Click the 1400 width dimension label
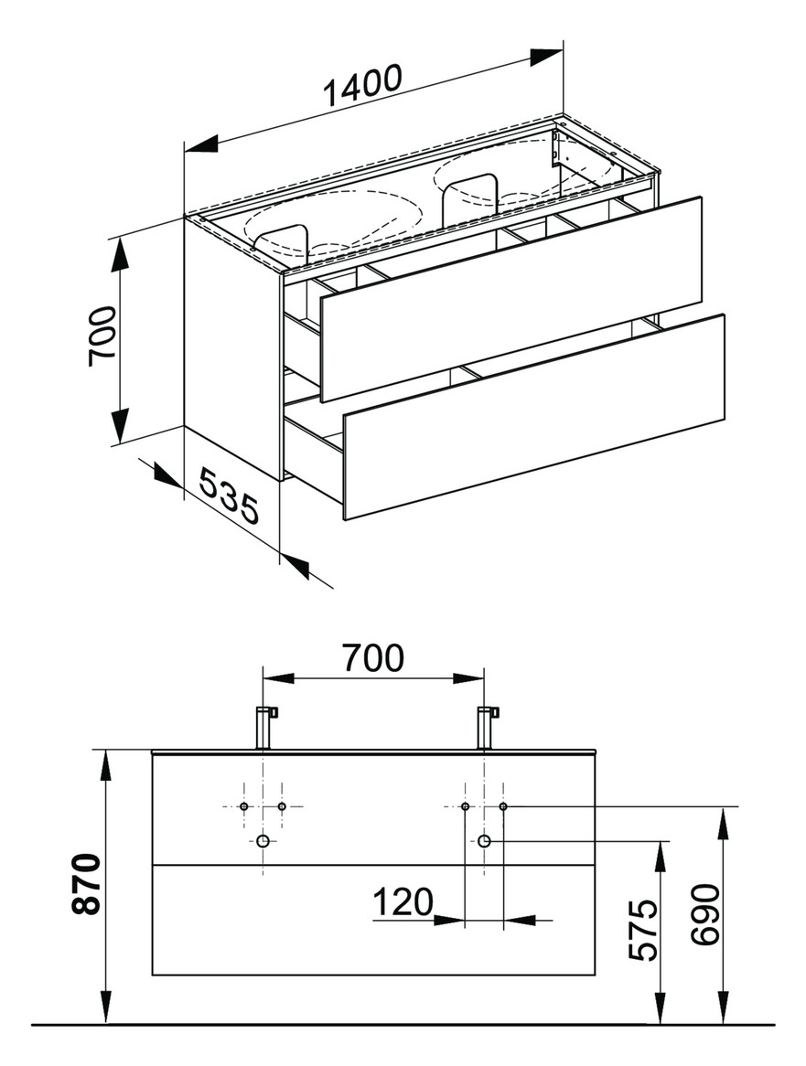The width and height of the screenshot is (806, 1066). click(x=363, y=86)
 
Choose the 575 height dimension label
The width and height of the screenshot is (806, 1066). click(x=643, y=930)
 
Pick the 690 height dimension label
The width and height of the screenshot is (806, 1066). click(x=704, y=914)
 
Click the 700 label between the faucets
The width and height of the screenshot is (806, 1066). click(x=373, y=658)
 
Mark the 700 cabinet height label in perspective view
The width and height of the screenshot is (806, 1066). click(x=102, y=336)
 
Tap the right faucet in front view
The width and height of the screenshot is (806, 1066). click(x=487, y=728)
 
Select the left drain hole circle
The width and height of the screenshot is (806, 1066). click(x=263, y=841)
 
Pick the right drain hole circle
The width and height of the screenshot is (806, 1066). click(x=484, y=841)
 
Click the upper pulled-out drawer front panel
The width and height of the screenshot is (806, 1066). click(x=510, y=299)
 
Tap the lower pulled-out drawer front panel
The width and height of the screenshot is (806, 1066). click(x=534, y=417)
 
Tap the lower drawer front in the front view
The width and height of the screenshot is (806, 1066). click(x=373, y=920)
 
